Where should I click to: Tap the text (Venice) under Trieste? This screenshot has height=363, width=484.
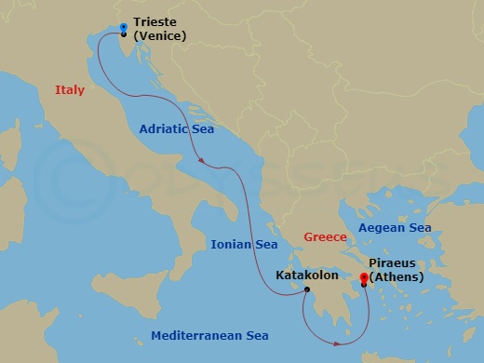click(160, 36)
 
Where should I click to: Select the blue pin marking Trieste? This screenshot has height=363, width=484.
click(124, 29)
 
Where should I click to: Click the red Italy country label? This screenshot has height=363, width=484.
click(70, 90)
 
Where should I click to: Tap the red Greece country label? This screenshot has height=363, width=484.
click(326, 237)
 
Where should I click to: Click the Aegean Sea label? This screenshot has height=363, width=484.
click(397, 226)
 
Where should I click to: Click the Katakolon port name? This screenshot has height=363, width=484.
click(307, 276)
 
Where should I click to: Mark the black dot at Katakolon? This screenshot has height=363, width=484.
click(306, 289)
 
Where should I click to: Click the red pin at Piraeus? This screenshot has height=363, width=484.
click(363, 278)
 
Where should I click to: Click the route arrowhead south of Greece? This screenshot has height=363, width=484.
click(339, 343)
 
